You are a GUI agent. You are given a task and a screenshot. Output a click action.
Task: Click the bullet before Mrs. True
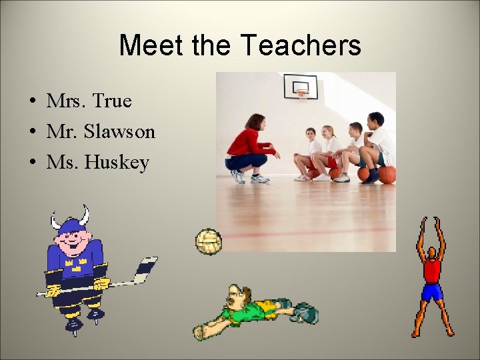[x=32, y=102]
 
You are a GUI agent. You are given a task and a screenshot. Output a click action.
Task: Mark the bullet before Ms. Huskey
[x=32, y=163]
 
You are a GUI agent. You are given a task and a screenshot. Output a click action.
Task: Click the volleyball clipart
[x=208, y=241]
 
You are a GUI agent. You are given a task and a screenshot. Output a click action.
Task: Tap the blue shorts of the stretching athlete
[x=432, y=292]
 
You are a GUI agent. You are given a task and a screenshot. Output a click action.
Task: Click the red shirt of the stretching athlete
[x=432, y=270]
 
